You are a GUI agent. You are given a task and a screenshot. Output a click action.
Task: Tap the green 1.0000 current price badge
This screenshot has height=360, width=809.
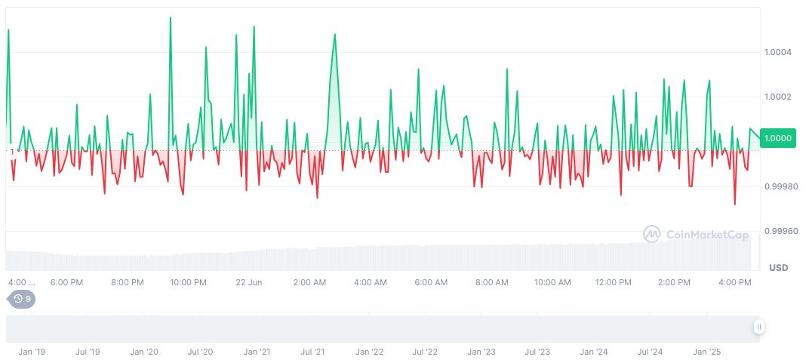point(777,138)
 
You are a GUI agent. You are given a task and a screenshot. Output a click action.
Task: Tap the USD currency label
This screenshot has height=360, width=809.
point(778,268)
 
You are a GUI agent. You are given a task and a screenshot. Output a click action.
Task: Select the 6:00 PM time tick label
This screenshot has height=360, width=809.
point(66,282)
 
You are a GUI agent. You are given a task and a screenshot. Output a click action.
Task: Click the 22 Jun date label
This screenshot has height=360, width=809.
point(248,282)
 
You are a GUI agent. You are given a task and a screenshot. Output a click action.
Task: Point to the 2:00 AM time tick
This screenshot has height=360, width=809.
point(309,282)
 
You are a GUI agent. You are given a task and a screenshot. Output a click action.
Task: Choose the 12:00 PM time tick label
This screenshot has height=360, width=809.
point(613,282)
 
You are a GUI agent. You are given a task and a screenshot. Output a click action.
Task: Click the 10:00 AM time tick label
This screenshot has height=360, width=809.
point(552,282)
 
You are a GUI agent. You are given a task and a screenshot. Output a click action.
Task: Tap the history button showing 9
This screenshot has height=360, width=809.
point(22,299)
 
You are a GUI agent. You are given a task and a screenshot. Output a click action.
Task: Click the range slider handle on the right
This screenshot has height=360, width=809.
point(758,327)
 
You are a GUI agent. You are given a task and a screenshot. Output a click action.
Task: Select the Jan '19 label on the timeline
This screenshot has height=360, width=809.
point(32,352)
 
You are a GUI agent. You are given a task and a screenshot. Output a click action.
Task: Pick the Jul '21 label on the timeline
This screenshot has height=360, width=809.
point(313,352)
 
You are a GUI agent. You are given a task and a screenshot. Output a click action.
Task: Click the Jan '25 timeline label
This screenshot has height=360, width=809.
point(707,352)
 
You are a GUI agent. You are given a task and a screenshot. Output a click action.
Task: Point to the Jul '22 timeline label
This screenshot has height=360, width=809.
point(426,352)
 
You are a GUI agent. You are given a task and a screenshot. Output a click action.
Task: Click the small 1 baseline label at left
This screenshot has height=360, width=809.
point(12,152)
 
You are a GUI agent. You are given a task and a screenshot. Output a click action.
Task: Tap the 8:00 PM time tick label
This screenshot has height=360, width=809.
point(127,282)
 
